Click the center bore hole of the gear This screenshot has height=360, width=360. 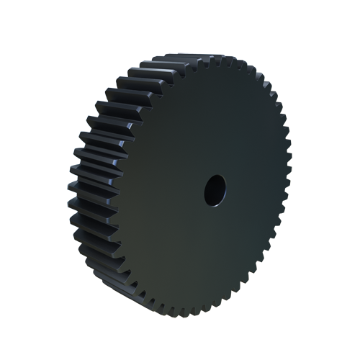pos(215,189)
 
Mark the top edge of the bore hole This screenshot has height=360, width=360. pos(215,176)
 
